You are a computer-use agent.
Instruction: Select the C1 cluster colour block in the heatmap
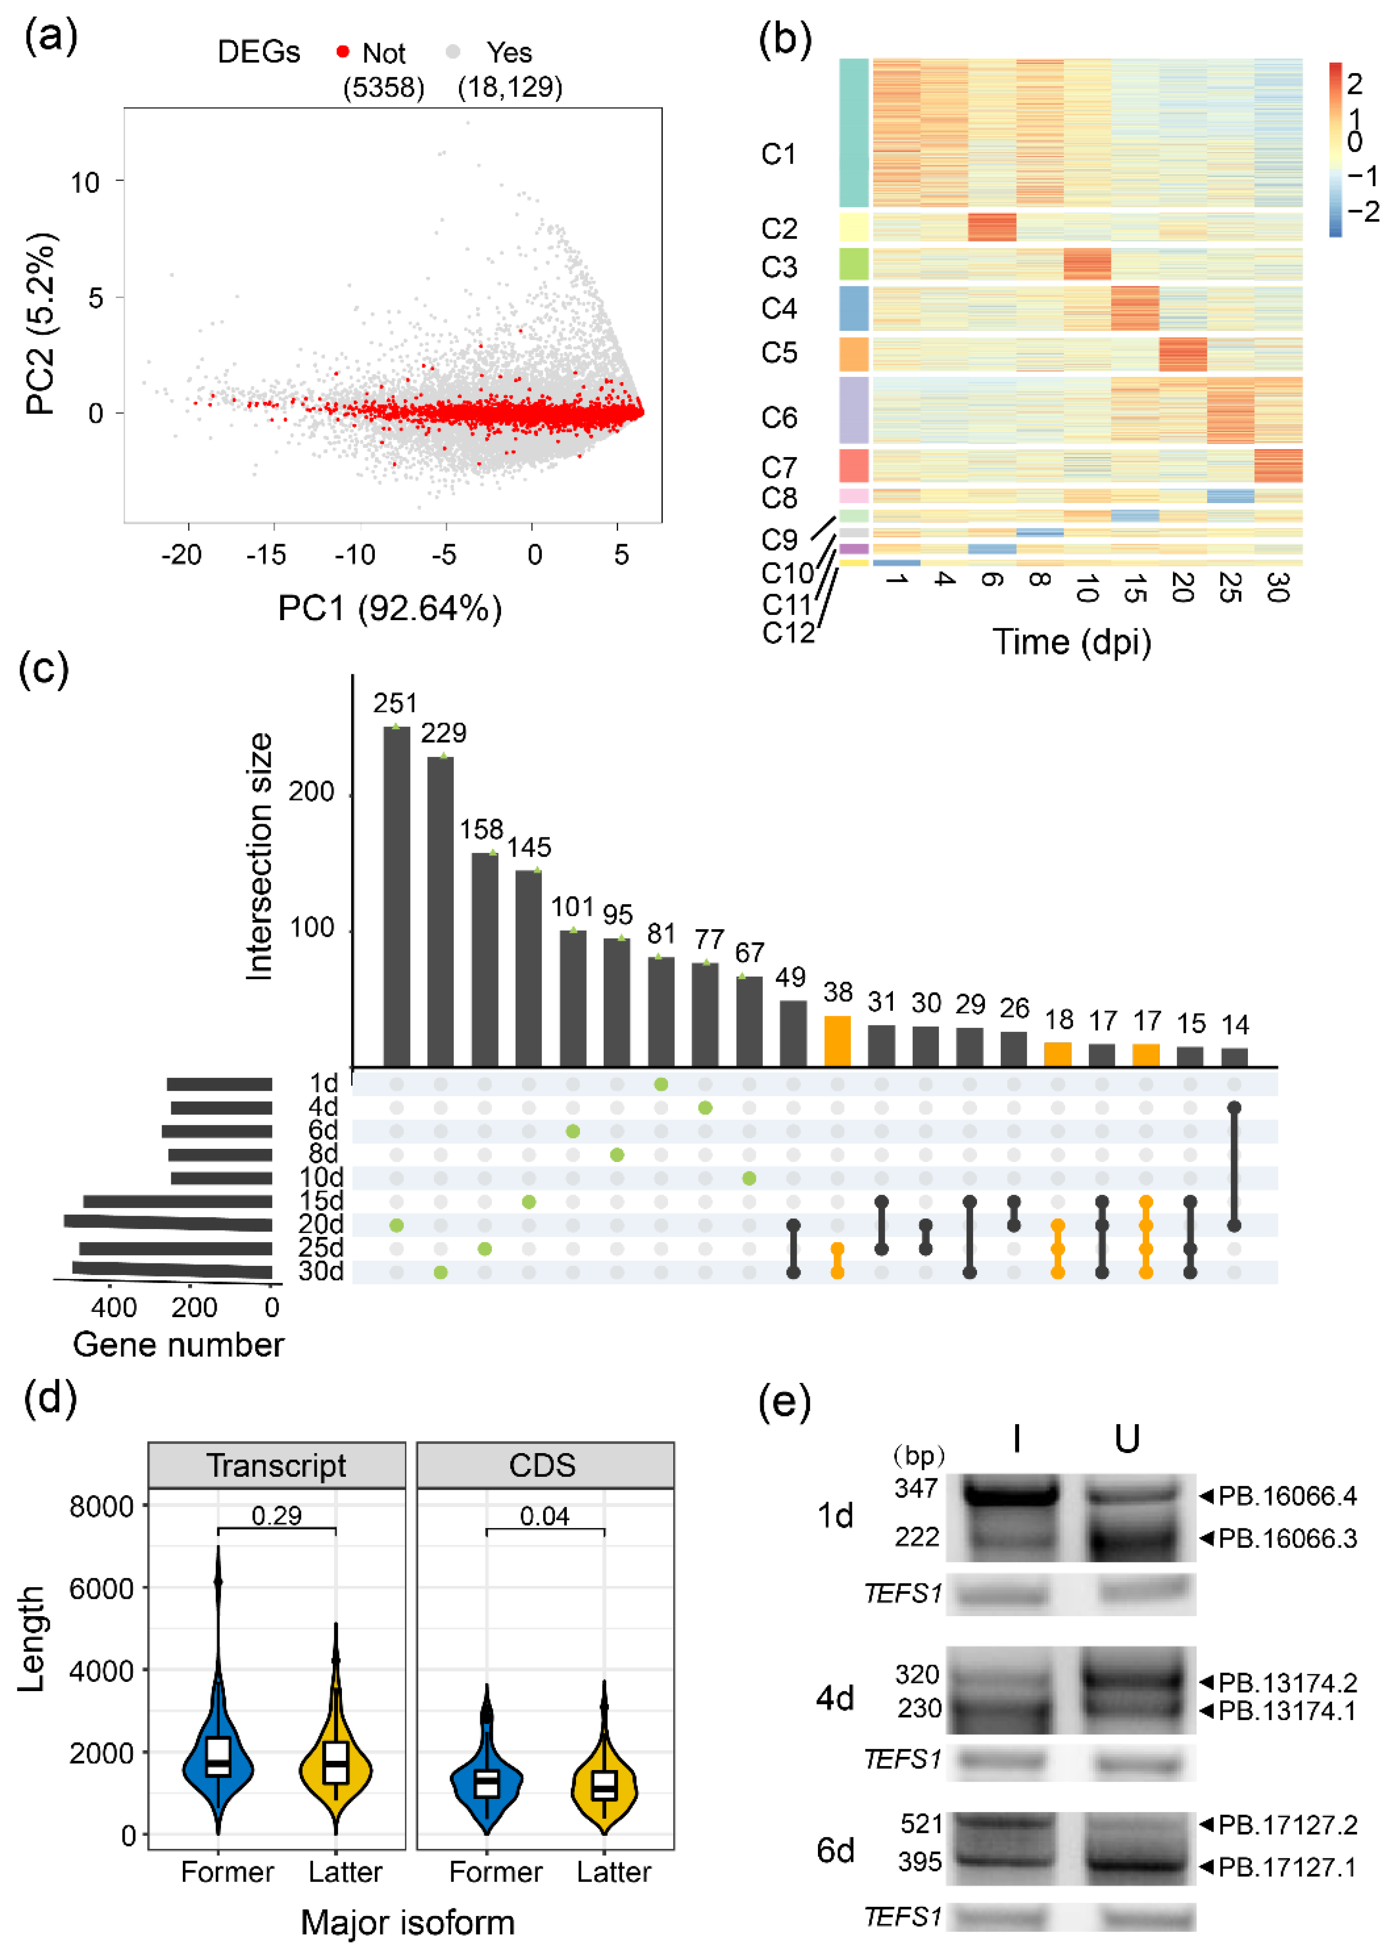(x=854, y=133)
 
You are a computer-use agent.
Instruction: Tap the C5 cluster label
(x=779, y=353)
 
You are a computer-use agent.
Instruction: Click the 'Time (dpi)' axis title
(x=1072, y=642)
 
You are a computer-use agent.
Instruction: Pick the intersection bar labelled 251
(x=397, y=896)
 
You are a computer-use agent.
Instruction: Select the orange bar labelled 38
(x=838, y=1041)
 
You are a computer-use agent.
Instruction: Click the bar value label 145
(x=529, y=848)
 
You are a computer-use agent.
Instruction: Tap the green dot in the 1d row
(x=661, y=1084)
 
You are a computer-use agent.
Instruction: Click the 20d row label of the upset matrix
(x=320, y=1223)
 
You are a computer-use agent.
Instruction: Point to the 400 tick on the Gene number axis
(x=114, y=1308)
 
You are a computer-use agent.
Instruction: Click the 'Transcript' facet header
(x=276, y=1465)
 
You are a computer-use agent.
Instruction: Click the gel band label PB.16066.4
(x=1288, y=1496)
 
